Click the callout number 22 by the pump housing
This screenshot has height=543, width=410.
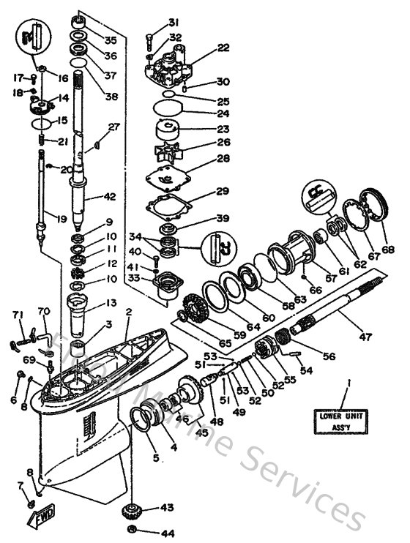tap(223, 48)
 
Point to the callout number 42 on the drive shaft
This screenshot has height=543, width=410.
tap(111, 196)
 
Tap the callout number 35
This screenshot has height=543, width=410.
tap(111, 40)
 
